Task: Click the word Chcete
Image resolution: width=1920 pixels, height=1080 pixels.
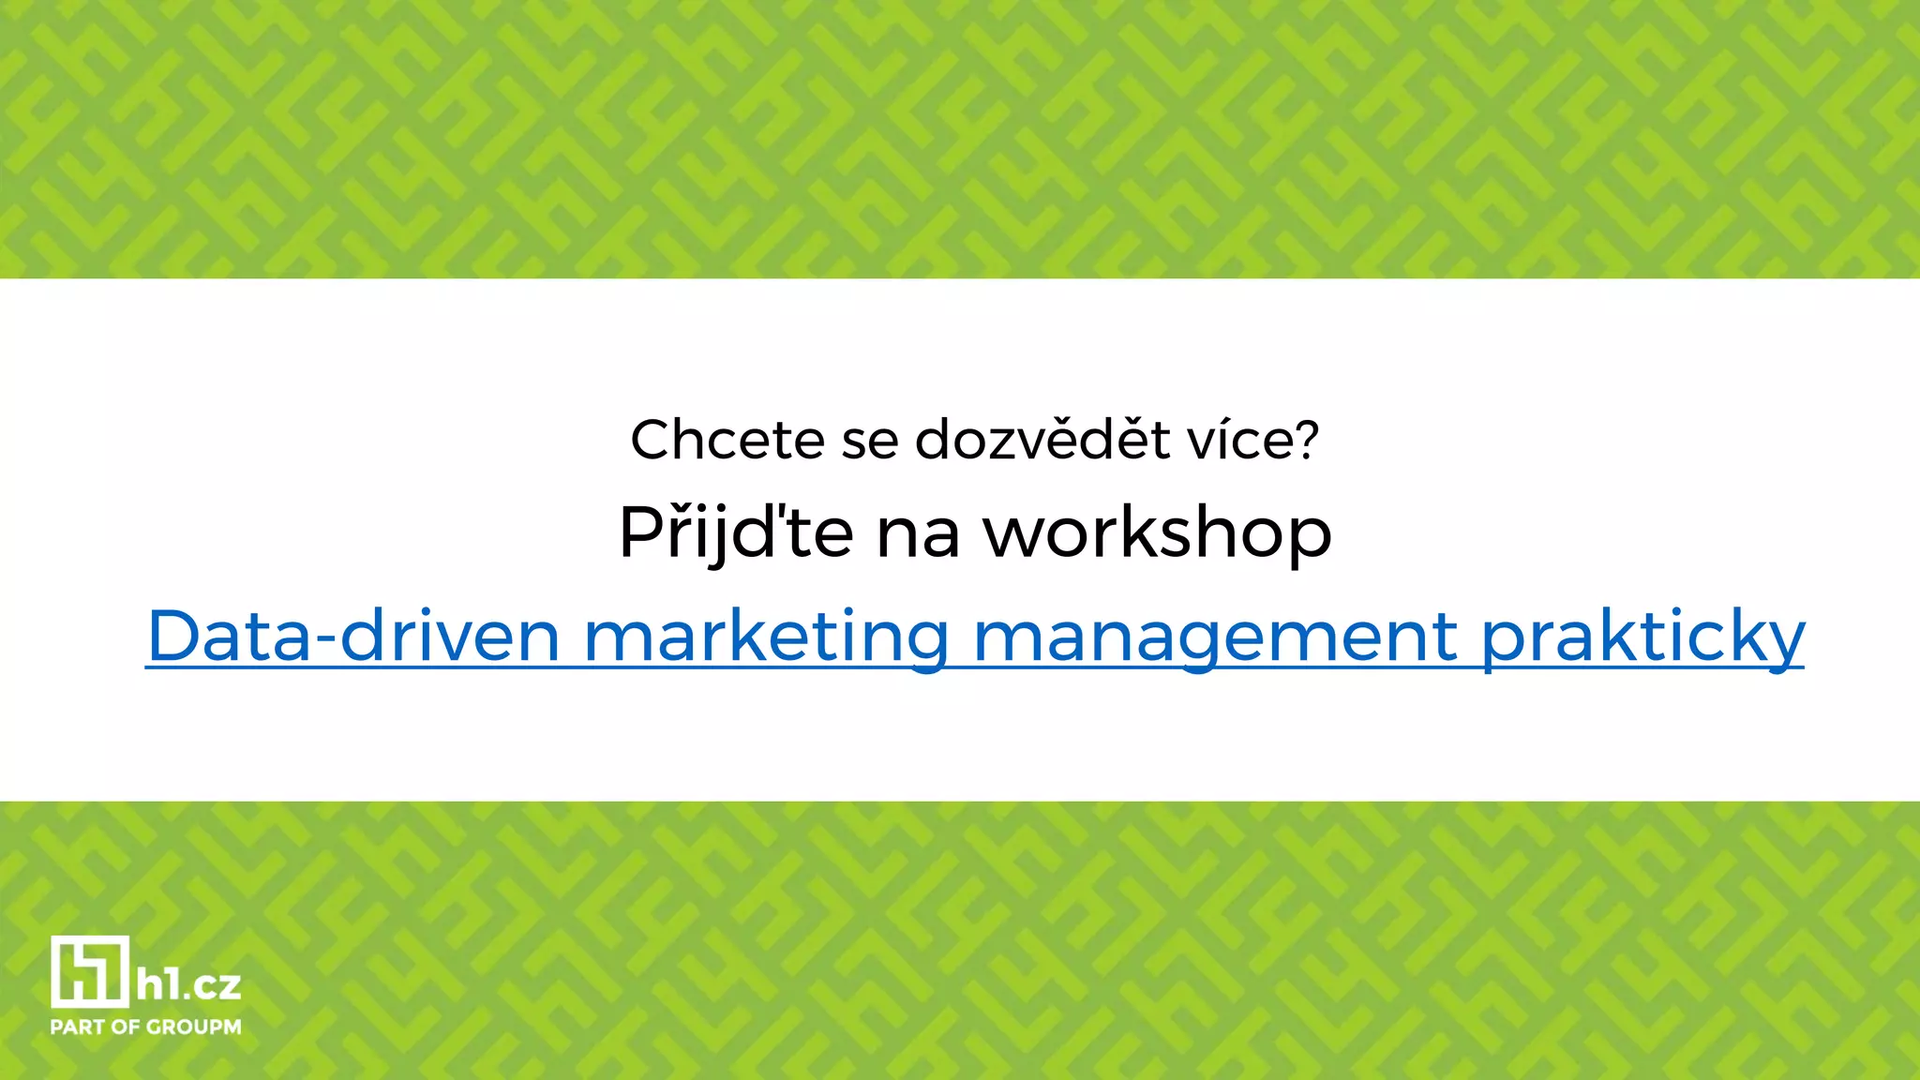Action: [x=727, y=440]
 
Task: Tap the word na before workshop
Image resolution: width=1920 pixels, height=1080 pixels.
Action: [x=918, y=535]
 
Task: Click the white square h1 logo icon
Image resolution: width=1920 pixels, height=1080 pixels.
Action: [x=89, y=971]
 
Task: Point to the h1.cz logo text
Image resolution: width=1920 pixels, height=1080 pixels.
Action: [x=188, y=985]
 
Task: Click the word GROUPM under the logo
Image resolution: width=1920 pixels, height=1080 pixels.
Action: [x=193, y=1027]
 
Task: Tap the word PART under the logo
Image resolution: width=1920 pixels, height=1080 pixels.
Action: [x=78, y=1027]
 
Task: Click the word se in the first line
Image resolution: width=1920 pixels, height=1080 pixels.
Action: [x=869, y=442]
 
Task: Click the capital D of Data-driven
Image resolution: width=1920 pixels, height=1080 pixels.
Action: [x=179, y=636]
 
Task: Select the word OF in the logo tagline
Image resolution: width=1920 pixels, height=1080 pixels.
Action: [x=125, y=1027]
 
